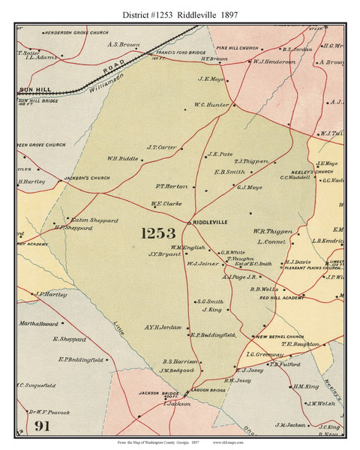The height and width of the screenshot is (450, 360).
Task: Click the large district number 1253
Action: tap(157, 233)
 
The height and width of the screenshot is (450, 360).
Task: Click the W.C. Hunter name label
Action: tap(211, 105)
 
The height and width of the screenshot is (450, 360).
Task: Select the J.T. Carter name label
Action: tap(161, 147)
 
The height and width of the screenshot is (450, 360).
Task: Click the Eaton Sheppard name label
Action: tap(78, 220)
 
